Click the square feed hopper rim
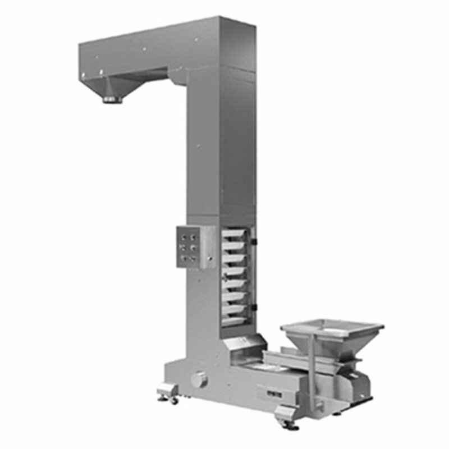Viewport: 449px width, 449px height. coord(332,326)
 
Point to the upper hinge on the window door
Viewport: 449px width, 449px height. coord(254,241)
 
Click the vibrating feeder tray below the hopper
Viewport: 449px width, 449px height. coord(286,359)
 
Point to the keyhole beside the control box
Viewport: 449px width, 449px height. coord(209,259)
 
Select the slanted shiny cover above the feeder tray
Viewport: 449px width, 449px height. coord(244,345)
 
